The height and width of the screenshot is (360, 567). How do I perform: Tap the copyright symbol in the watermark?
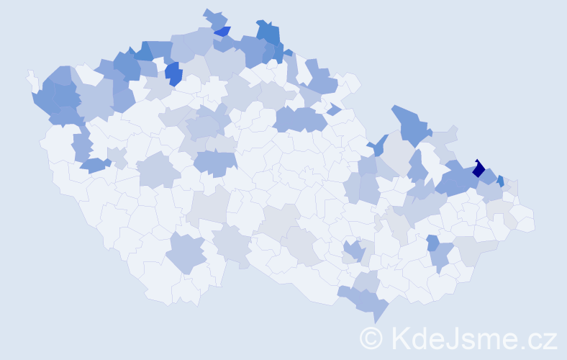pyautogui.click(x=371, y=337)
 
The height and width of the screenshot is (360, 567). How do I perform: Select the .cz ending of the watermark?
pyautogui.click(x=538, y=338)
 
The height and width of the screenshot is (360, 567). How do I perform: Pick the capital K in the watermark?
pyautogui.click(x=399, y=337)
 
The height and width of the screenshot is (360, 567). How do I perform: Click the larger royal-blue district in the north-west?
pyautogui.click(x=173, y=73)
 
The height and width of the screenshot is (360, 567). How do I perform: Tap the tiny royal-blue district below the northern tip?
pyautogui.click(x=222, y=31)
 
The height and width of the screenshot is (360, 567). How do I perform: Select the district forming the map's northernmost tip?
pyautogui.click(x=214, y=17)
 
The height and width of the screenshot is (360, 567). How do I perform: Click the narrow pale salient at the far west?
pyautogui.click(x=32, y=77)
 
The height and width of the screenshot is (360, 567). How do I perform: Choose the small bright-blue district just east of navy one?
pyautogui.click(x=500, y=181)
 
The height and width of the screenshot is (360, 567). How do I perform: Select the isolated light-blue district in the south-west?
pyautogui.click(x=187, y=253)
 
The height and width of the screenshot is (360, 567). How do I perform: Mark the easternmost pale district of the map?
pyautogui.click(x=525, y=220)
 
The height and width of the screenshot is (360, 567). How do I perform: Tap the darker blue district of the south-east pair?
pyautogui.click(x=432, y=243)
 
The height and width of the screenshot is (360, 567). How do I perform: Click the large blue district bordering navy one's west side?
pyautogui.click(x=453, y=180)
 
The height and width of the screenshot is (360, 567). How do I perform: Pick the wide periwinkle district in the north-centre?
pyautogui.click(x=300, y=119)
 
